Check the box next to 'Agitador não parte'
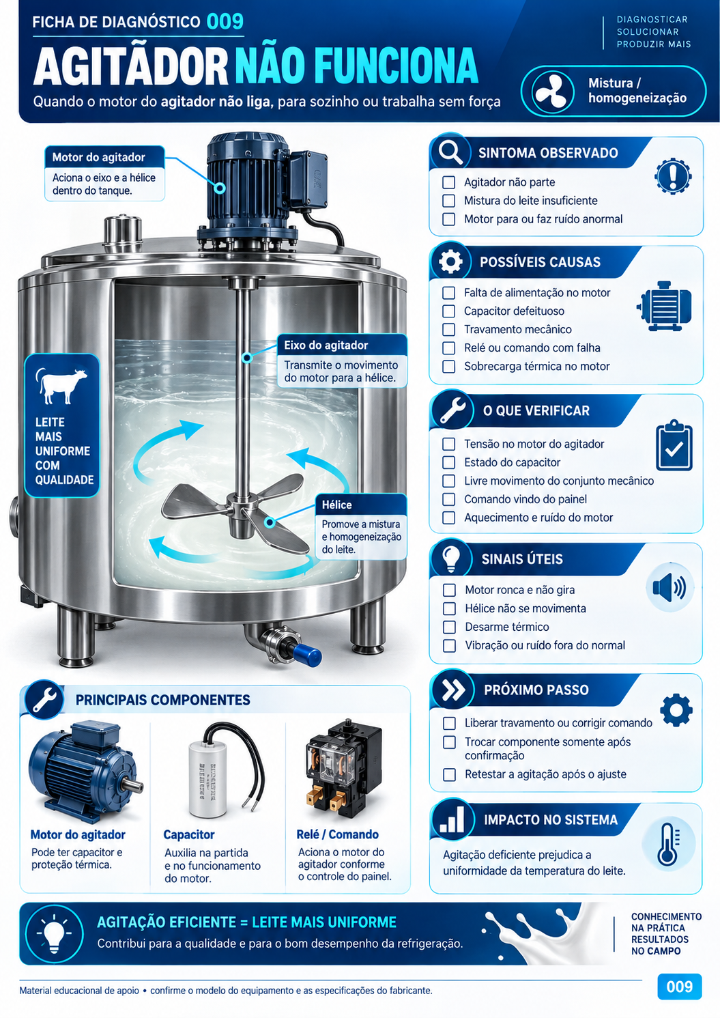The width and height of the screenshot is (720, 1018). point(448,182)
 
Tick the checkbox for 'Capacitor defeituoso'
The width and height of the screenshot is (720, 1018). point(448,311)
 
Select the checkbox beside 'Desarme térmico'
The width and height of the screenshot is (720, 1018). point(449,627)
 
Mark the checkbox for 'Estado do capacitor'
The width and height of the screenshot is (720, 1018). point(448,463)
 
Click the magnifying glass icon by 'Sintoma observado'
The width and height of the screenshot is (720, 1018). point(450,152)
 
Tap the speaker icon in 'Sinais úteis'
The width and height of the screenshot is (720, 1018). point(669,588)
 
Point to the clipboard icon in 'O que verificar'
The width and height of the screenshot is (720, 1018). point(674,445)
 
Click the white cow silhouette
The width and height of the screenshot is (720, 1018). point(61,385)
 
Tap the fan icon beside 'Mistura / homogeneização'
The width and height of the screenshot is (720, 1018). point(550,91)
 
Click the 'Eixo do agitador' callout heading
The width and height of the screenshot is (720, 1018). point(326,345)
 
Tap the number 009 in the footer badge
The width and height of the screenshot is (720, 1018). point(679,987)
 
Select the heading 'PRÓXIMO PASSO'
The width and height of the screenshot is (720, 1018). point(536,690)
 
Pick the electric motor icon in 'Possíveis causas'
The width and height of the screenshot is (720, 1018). point(664,306)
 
